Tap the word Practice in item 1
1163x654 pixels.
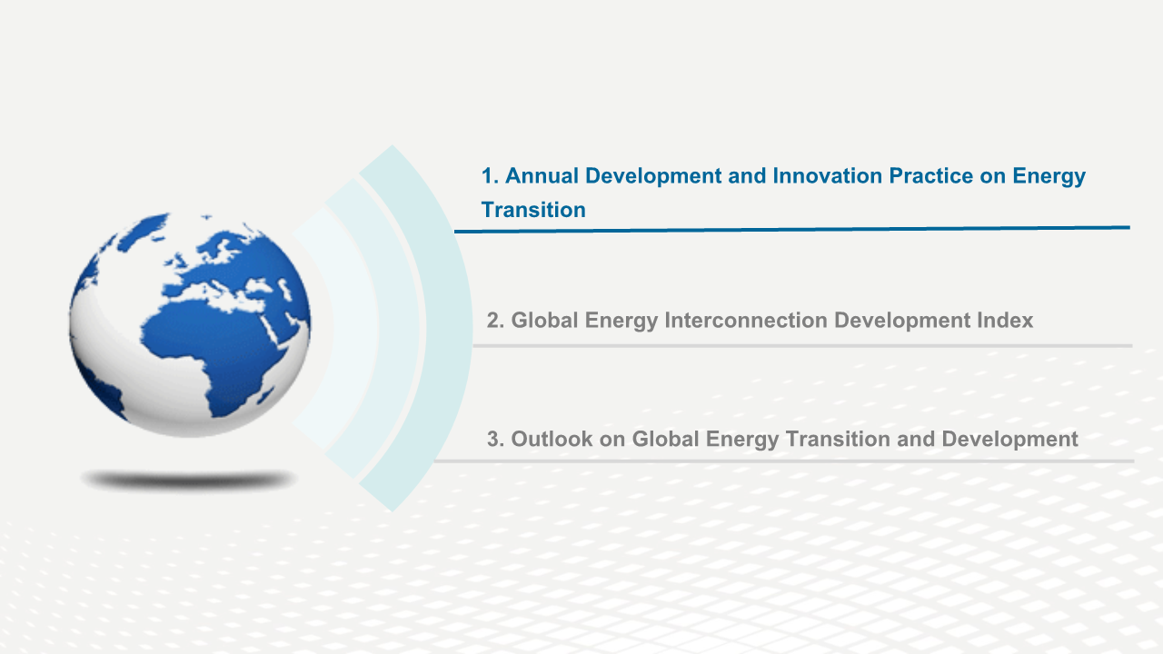[x=931, y=176]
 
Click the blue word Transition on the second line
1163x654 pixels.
[x=533, y=210]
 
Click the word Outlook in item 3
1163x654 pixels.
[x=552, y=439]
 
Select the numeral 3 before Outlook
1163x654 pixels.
[x=492, y=439]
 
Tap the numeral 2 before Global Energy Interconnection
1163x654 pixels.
[x=492, y=321]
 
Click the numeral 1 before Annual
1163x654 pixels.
[x=487, y=176]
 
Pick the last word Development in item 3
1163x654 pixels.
[x=1009, y=439]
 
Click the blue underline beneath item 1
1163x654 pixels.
[x=792, y=230]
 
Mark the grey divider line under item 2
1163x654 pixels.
[x=802, y=346]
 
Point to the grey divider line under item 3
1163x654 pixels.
[x=784, y=461]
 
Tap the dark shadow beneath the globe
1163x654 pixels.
[x=188, y=480]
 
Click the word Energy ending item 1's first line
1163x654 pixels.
[x=1049, y=176]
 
